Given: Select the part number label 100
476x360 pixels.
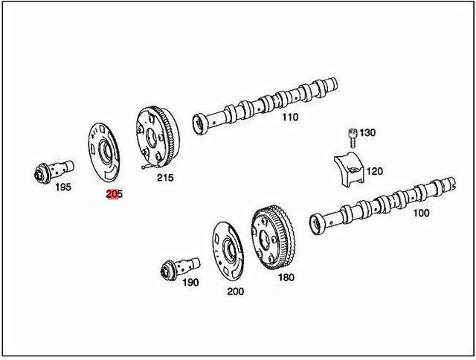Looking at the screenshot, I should pos(421,213).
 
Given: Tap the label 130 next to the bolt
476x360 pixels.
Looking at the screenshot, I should pos(367,133).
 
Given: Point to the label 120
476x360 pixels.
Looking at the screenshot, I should pos(374,172).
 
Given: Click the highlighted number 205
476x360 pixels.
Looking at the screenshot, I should pos(114,194).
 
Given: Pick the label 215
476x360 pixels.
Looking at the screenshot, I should pos(164,179).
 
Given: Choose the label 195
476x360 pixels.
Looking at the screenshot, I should pos(63,187).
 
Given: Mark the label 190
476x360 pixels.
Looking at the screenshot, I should pos(190,283).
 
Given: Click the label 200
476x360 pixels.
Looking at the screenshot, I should pos(235,292).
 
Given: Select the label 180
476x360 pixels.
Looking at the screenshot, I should pos(286,277).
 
